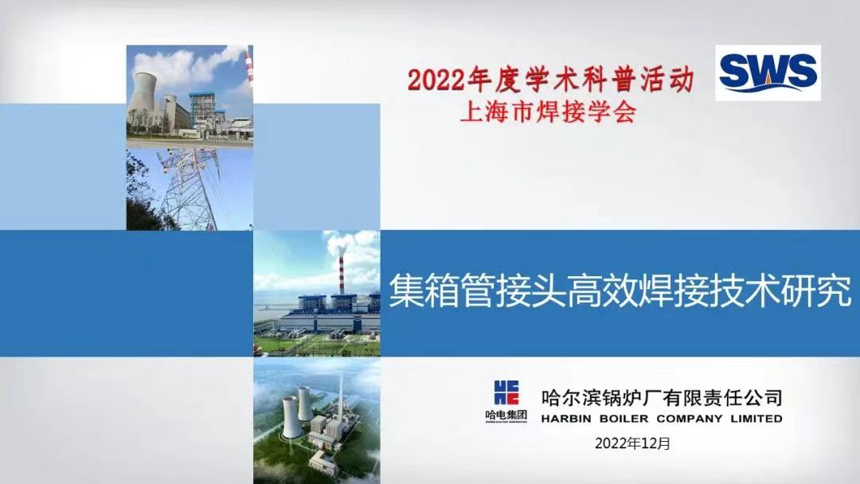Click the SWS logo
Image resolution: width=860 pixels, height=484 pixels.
(768, 73)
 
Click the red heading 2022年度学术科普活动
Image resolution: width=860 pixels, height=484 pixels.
(551, 80)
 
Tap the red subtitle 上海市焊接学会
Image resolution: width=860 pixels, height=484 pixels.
(548, 112)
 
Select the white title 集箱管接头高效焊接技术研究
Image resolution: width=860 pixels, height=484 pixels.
(620, 291)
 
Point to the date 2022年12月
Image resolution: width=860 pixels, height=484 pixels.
(632, 443)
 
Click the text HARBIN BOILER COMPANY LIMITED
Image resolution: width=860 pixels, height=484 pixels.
(662, 419)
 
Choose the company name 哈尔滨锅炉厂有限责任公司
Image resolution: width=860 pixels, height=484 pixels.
(662, 397)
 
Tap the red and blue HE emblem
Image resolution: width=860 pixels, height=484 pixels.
(506, 392)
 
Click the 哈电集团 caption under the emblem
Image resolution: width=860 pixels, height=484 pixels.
(506, 415)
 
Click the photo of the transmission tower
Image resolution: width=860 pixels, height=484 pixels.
(190, 189)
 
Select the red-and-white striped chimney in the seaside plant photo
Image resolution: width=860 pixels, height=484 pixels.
(341, 275)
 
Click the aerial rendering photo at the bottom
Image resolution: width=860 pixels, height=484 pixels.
(316, 421)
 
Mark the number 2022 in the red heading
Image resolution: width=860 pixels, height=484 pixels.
(436, 80)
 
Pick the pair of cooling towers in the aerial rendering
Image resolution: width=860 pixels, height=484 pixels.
(297, 410)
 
